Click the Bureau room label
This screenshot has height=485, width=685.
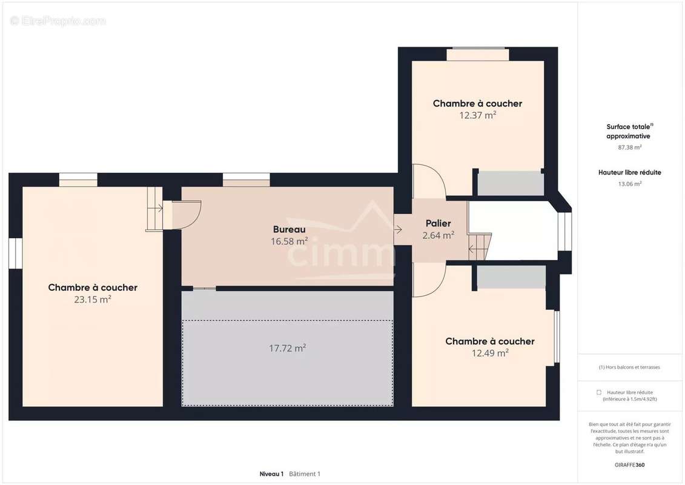click(x=289, y=230)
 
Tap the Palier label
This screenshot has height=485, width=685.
click(x=438, y=224)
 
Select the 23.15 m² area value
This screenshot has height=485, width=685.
click(x=93, y=299)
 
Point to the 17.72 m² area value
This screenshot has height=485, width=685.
click(x=287, y=348)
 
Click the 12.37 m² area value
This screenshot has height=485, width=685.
click(x=477, y=115)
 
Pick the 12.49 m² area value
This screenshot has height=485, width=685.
click(x=490, y=353)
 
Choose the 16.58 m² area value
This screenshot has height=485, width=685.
click(x=289, y=241)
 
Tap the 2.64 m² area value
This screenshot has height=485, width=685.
click(x=438, y=235)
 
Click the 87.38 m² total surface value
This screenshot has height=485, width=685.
click(x=630, y=147)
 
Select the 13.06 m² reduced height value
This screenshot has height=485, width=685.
click(x=630, y=184)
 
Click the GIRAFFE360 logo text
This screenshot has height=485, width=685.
click(x=630, y=465)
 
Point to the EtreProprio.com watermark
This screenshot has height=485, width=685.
click(x=58, y=21)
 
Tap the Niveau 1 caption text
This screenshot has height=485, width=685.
click(x=271, y=474)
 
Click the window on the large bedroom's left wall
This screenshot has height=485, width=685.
click(x=15, y=253)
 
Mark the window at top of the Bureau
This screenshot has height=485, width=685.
click(x=246, y=179)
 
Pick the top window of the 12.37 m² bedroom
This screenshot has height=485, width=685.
click(x=477, y=55)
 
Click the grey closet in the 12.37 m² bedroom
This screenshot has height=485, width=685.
click(x=511, y=184)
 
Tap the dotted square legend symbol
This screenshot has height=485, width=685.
click(x=599, y=392)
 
